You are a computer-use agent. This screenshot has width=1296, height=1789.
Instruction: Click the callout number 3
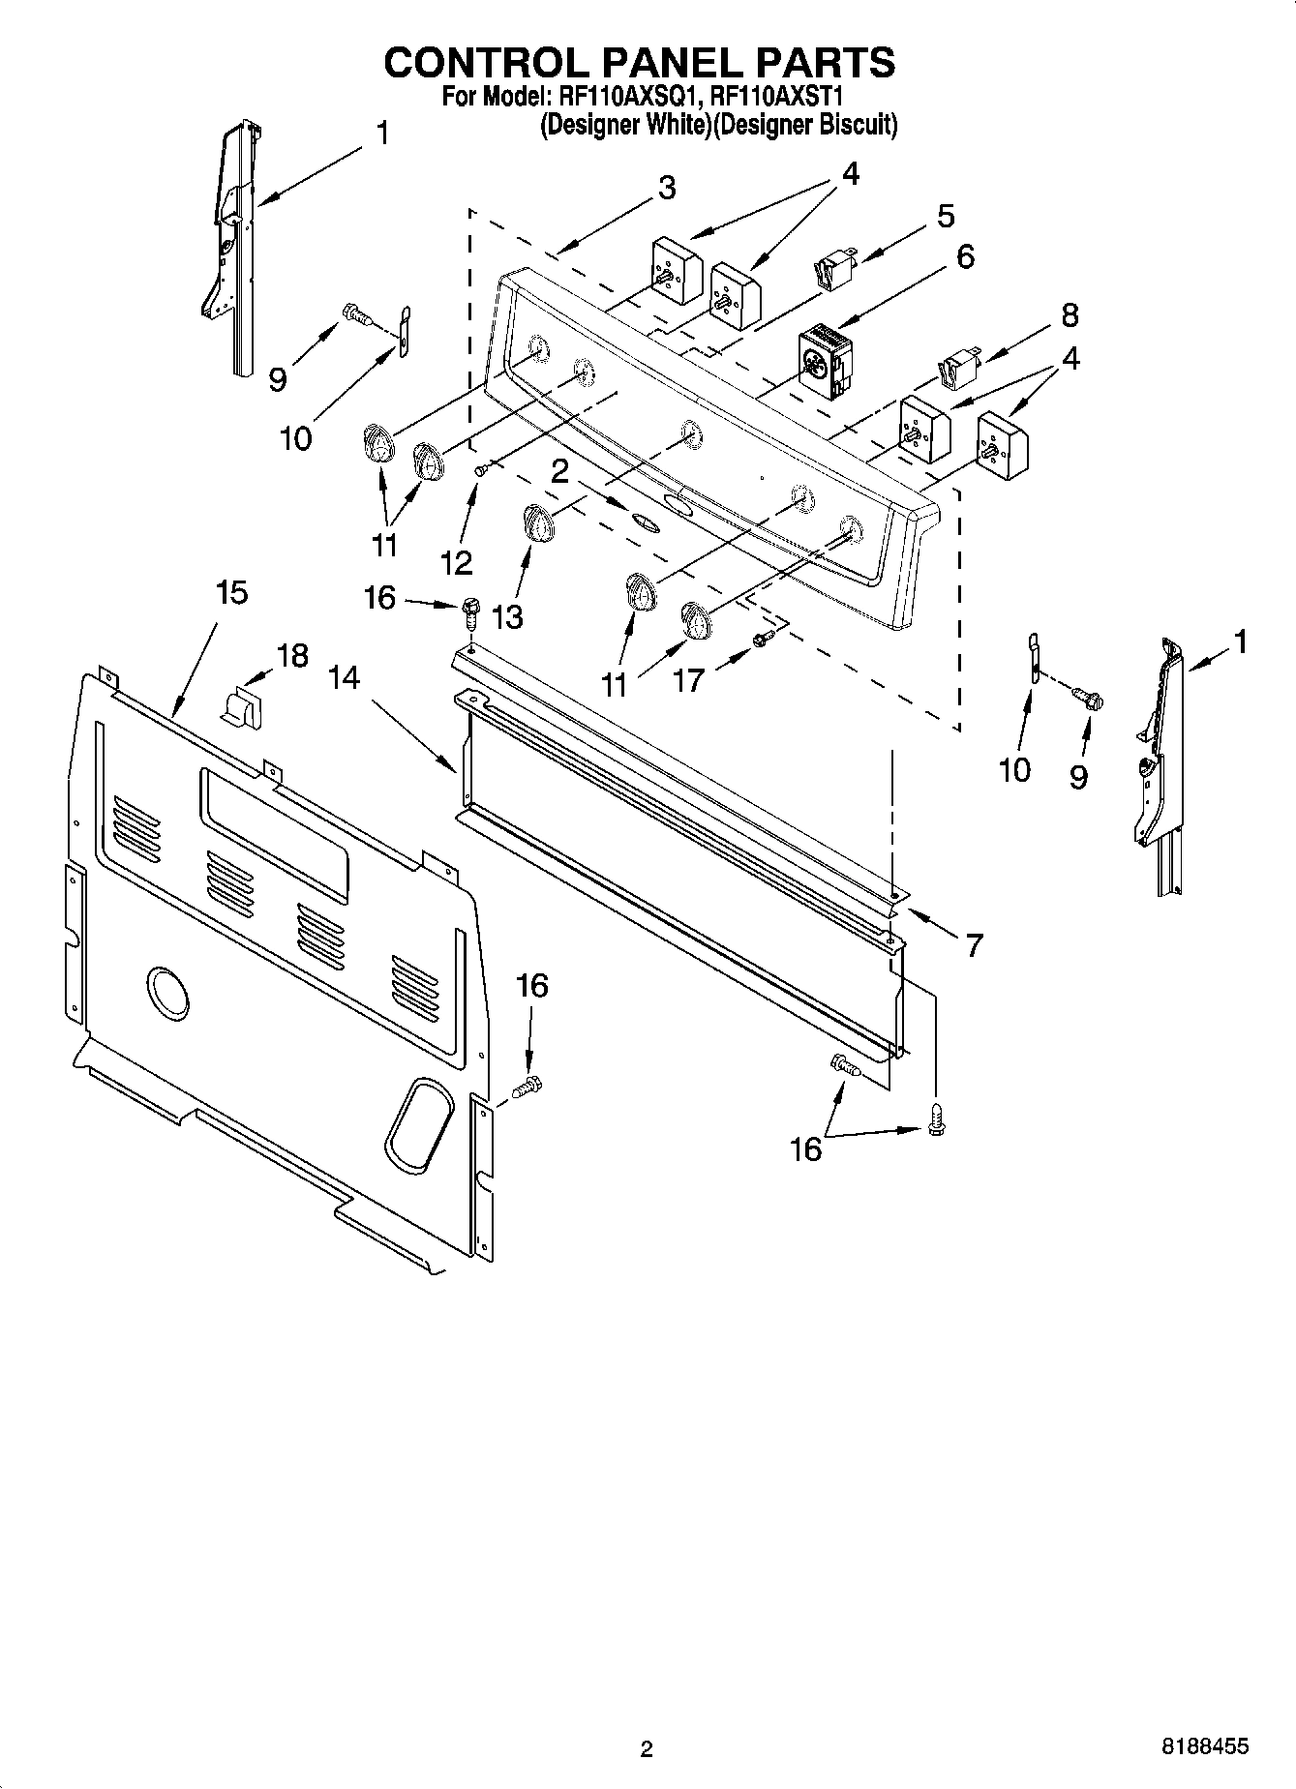click(x=666, y=188)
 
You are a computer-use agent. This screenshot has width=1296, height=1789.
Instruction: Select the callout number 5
click(x=946, y=215)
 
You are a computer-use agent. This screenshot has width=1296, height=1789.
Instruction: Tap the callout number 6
click(x=964, y=256)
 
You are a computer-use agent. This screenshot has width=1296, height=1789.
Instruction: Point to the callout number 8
click(x=1069, y=314)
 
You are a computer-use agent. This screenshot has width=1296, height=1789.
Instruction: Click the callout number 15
click(x=231, y=592)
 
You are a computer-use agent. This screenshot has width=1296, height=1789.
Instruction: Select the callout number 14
click(x=344, y=678)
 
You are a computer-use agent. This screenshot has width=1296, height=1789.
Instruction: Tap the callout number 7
click(x=973, y=944)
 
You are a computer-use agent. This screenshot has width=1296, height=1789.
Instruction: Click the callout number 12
click(x=456, y=561)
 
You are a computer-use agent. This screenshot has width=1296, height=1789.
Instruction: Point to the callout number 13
click(x=507, y=616)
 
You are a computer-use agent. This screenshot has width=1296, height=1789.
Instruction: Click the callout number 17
click(x=688, y=680)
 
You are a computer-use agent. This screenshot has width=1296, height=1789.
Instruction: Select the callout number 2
click(x=558, y=471)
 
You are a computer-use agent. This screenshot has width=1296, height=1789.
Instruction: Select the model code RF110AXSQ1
click(x=626, y=97)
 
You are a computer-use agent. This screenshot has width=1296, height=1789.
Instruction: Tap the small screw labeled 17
click(x=763, y=639)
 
